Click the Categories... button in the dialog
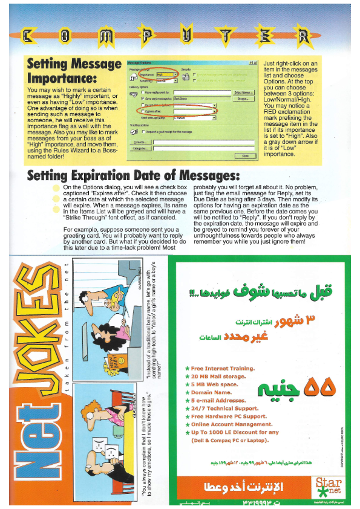click(141, 148)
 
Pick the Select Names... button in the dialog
click(242, 92)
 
